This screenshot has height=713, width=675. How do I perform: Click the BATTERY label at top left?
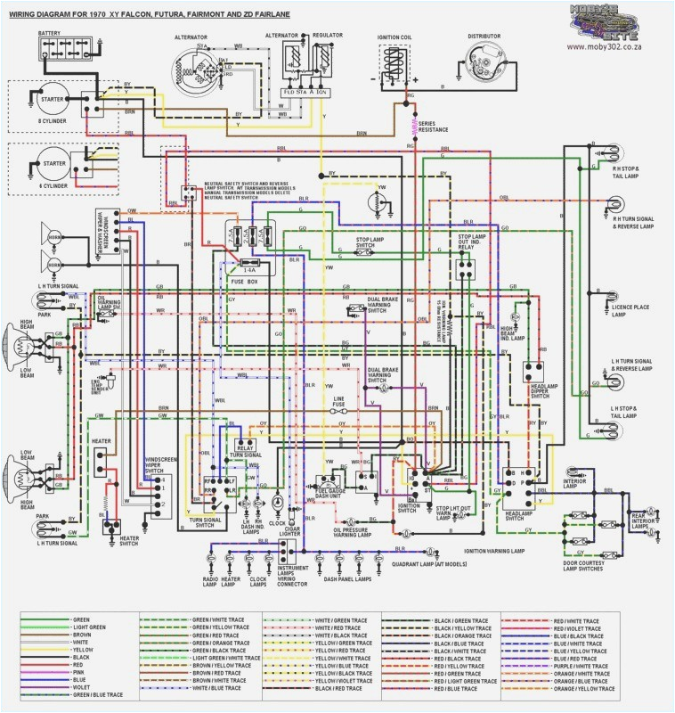(49, 34)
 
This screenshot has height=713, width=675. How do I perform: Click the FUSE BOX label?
(244, 282)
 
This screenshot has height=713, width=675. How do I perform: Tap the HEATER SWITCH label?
(129, 541)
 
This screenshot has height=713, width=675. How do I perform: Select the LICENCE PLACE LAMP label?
(630, 310)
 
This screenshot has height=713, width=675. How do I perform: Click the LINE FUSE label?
(338, 402)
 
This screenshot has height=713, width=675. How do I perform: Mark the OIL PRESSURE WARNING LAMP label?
(363, 532)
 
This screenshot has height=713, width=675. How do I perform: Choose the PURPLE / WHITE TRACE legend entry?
(585, 664)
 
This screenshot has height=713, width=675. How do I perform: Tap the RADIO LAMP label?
(210, 581)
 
